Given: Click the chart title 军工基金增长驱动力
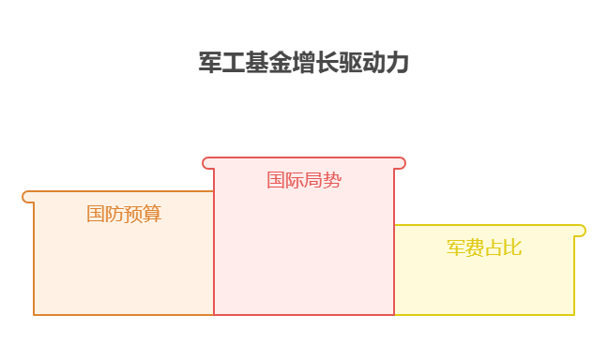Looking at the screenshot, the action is (304, 64).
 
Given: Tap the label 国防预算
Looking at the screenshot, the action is (124, 214).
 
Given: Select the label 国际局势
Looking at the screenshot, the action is (304, 180).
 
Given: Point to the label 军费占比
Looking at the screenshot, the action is (484, 247).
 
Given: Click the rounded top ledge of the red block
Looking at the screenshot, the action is (304, 163).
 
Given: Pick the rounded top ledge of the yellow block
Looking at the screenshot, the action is (489, 231).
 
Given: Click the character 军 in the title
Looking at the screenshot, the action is (210, 64).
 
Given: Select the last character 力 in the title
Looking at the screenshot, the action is (398, 64).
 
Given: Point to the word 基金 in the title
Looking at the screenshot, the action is (268, 64).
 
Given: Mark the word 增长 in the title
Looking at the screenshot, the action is (315, 64).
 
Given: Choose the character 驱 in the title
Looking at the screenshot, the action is (351, 64).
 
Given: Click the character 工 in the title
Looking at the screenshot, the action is (234, 64).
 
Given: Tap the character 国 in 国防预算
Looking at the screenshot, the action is (96, 214).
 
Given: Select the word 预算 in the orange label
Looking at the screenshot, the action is (143, 214).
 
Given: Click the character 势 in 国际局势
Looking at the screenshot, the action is (332, 180).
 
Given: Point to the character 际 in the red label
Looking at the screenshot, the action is (295, 180).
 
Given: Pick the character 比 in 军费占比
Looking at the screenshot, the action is (512, 247).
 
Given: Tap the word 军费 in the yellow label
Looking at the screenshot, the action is (465, 247).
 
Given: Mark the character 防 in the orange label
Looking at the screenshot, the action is (114, 214).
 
